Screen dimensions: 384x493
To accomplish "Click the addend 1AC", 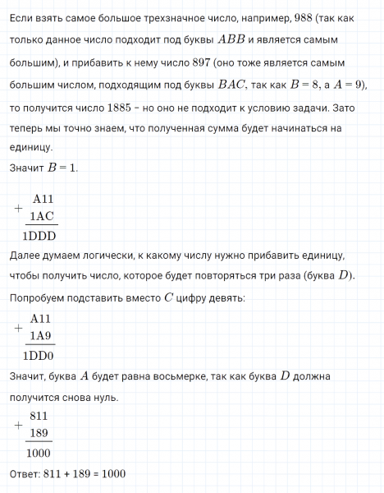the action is [x=43, y=216].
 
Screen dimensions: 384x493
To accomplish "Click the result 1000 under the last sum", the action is [x=39, y=453].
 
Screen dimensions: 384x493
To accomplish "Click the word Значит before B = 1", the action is [x=26, y=168].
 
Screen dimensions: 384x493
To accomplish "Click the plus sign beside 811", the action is [x=18, y=425].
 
